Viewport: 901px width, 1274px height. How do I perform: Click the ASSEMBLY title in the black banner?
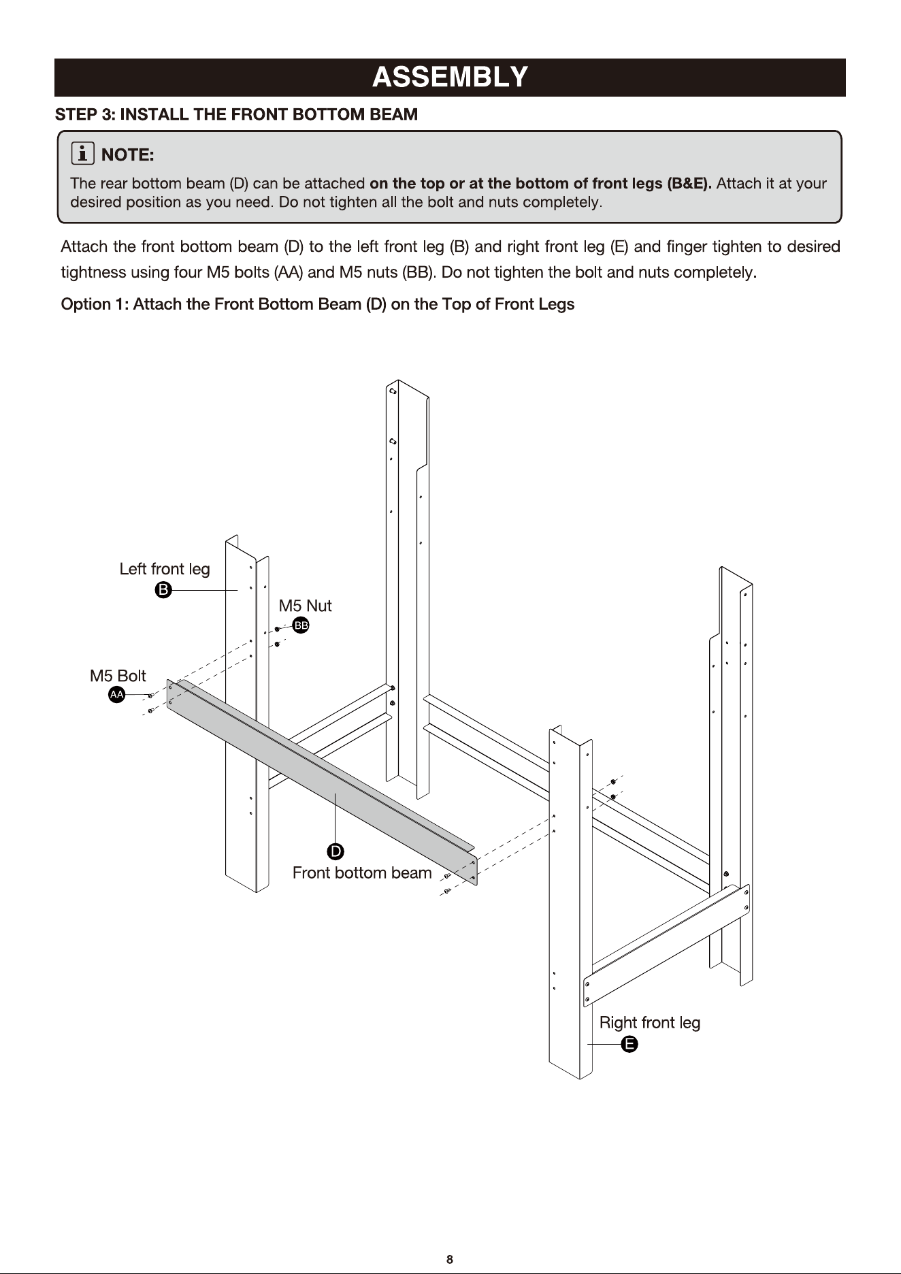pos(450,77)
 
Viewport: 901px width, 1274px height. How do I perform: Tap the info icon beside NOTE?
pos(82,154)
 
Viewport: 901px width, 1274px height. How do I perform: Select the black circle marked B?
pos(163,590)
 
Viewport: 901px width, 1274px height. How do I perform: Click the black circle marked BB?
pos(301,625)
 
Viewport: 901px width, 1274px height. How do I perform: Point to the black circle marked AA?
pos(117,694)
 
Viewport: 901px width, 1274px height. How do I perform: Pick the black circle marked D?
pos(335,851)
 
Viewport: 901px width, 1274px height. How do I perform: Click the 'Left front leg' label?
pos(165,569)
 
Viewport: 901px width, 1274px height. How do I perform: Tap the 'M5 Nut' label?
pos(305,606)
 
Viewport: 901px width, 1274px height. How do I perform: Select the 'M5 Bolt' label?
pos(118,676)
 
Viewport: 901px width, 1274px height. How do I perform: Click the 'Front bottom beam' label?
pos(362,872)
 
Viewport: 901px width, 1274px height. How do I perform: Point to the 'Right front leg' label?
pos(650,1023)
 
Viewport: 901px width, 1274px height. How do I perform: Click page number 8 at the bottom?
pos(450,1259)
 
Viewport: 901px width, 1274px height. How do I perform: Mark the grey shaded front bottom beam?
pos(322,779)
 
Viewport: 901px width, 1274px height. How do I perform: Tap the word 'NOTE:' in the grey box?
pos(127,155)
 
